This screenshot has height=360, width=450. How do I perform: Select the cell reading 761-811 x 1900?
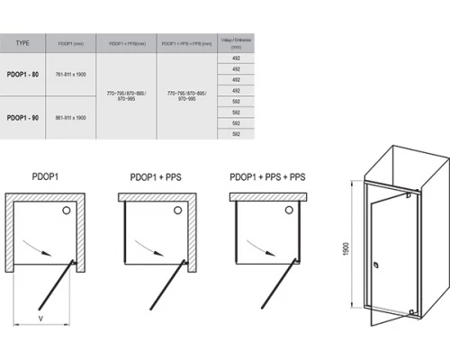(x=69, y=73)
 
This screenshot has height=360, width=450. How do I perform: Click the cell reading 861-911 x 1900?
(x=69, y=118)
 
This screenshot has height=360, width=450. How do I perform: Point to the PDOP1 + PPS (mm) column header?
(x=125, y=42)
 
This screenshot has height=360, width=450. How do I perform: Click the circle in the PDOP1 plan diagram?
(x=66, y=209)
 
